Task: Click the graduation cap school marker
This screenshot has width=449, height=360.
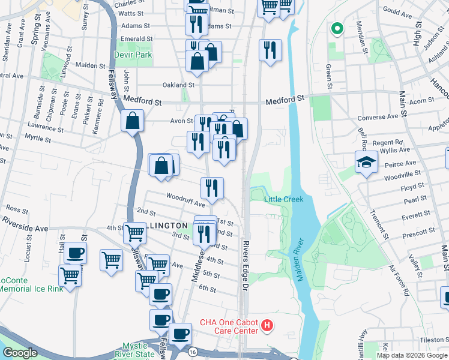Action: (x=366, y=163)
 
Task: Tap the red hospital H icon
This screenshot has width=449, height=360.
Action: (x=267, y=327)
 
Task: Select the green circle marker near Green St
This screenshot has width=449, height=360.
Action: (x=337, y=28)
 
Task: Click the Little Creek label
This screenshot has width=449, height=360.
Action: (x=285, y=199)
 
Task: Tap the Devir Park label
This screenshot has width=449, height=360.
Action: (x=133, y=55)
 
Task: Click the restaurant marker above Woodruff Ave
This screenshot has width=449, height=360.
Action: (x=212, y=188)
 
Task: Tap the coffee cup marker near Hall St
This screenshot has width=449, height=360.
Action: (x=74, y=253)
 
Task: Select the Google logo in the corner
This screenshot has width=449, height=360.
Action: (x=20, y=353)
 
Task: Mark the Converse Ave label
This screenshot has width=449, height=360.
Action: (x=378, y=118)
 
